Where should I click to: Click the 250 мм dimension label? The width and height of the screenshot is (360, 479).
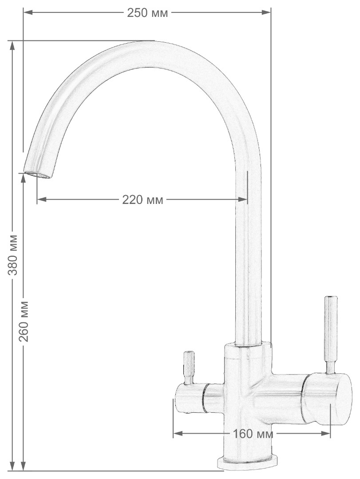pyautogui.click(x=147, y=13)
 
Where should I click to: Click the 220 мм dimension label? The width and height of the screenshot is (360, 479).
pyautogui.click(x=142, y=200)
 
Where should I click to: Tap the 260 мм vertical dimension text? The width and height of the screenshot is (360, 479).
pyautogui.click(x=24, y=321)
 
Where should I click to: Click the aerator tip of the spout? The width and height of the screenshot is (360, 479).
pyautogui.click(x=38, y=174)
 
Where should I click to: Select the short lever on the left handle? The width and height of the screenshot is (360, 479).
pyautogui.click(x=189, y=367)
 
